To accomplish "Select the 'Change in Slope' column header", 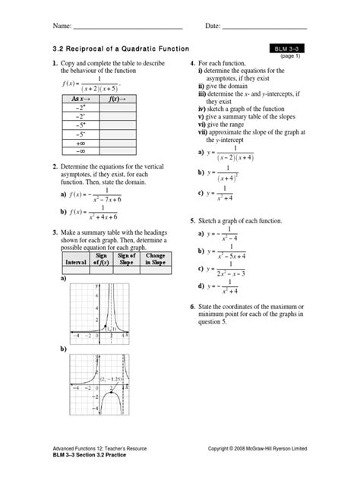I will click(x=155, y=258).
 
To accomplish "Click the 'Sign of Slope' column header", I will click(x=127, y=258).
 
